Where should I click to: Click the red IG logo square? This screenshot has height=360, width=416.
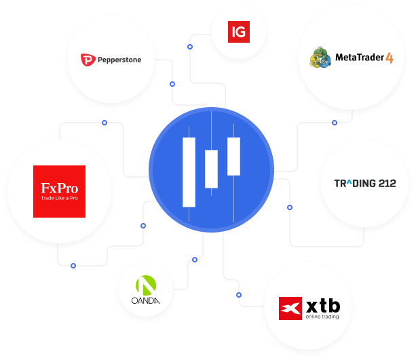click(239, 32)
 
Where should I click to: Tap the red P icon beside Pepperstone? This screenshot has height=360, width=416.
click(88, 60)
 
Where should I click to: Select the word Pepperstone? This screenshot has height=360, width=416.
click(119, 60)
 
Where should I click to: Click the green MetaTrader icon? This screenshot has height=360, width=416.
click(320, 57)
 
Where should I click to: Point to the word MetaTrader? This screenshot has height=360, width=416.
click(360, 57)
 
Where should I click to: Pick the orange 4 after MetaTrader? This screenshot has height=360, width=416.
click(390, 58)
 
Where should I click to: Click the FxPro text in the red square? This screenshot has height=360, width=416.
click(60, 188)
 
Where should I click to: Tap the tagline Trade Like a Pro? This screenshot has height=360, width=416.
click(60, 198)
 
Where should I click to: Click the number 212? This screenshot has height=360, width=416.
click(387, 184)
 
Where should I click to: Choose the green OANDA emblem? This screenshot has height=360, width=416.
click(146, 285)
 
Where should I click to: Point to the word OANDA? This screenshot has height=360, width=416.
click(146, 300)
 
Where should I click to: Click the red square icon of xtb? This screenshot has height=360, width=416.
click(290, 308)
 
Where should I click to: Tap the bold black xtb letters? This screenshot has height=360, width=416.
click(323, 306)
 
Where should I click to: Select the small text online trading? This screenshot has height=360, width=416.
click(322, 317)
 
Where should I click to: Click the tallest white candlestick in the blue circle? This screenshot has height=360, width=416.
click(189, 172)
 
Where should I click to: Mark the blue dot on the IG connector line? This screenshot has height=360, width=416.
click(190, 47)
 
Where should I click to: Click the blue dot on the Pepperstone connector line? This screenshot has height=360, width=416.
click(172, 84)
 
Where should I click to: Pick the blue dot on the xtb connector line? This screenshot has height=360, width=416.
click(239, 295)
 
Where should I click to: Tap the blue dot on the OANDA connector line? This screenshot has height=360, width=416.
click(195, 260)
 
